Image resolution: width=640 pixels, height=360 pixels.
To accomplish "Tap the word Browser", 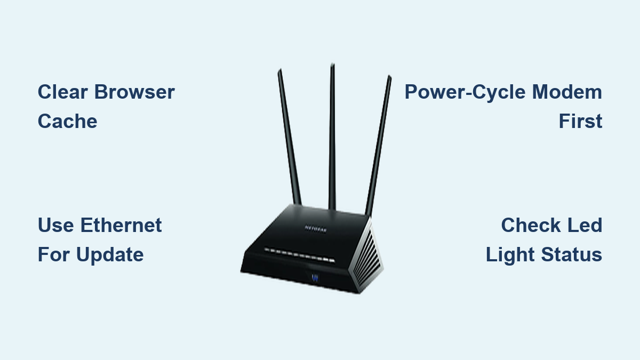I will [x=134, y=92].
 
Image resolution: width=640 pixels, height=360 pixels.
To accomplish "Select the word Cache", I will [x=67, y=122].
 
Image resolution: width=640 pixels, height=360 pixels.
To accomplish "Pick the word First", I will [x=580, y=122].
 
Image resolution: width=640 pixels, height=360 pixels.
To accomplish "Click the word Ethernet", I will [x=121, y=225].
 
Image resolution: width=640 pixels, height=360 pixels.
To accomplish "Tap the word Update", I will [x=110, y=254].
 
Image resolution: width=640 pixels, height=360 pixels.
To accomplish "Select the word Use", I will [x=55, y=225].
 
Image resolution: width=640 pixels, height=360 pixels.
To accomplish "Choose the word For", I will [x=54, y=254].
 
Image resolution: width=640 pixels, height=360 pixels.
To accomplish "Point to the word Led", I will [x=584, y=225].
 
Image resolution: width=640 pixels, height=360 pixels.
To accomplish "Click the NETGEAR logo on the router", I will [x=315, y=228].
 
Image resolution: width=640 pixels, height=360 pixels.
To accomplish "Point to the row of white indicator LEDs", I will [x=299, y=254].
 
